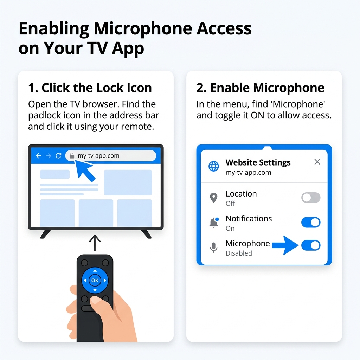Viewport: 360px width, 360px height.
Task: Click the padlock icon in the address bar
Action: tap(72, 156)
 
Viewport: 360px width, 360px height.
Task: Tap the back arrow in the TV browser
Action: tap(39, 156)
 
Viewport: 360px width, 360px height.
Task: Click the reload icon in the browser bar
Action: tap(59, 156)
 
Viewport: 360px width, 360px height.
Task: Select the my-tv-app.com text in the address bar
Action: tap(98, 156)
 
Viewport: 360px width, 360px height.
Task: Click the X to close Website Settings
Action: tap(317, 162)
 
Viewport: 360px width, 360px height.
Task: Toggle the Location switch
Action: tap(311, 198)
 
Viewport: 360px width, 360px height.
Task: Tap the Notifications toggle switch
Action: tap(311, 222)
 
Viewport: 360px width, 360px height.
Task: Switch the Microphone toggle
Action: tap(311, 245)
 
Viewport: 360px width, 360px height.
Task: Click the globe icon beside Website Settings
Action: tap(213, 166)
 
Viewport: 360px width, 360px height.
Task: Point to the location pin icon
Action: tap(214, 198)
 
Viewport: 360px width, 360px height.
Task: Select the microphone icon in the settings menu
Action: tap(214, 247)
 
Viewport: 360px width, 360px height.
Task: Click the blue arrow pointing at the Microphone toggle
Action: tap(285, 245)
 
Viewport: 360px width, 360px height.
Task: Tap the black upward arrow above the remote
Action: tap(95, 243)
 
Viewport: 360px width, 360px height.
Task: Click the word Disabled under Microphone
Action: tap(239, 253)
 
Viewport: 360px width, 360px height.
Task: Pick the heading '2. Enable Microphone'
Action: tap(261, 88)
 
